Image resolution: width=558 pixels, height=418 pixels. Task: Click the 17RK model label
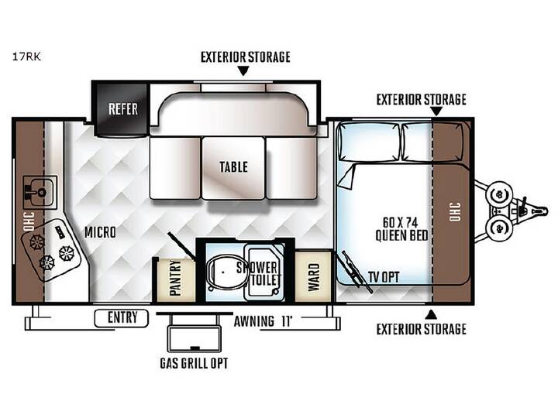26,57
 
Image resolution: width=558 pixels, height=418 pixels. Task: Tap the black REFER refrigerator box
122,108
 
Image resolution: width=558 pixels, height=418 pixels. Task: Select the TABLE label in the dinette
233,167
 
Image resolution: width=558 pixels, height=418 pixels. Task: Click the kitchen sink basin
40,192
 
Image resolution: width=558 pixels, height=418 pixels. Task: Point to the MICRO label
100,232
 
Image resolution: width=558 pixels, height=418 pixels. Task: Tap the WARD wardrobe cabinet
313,277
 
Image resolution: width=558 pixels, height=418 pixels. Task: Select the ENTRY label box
121,318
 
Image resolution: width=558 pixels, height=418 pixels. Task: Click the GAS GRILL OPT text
194,363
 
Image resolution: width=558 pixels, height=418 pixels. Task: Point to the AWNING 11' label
263,321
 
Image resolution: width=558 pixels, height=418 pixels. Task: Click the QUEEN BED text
401,235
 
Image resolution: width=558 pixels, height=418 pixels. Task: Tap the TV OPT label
384,277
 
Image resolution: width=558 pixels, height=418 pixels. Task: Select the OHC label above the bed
455,212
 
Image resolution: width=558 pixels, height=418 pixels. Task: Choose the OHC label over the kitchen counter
29,221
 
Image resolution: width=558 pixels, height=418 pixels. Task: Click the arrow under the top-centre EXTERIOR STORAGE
243,71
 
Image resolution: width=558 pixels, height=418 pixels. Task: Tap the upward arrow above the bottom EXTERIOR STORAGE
431,313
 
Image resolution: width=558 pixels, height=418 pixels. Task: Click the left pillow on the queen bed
369,142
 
